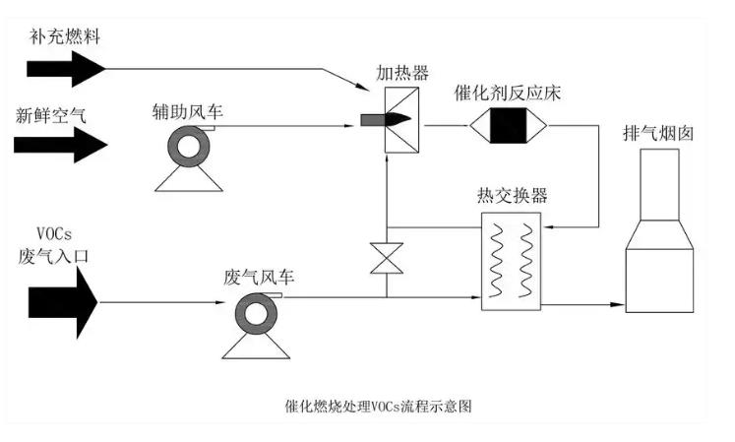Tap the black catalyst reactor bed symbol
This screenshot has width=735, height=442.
click(x=509, y=126)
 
